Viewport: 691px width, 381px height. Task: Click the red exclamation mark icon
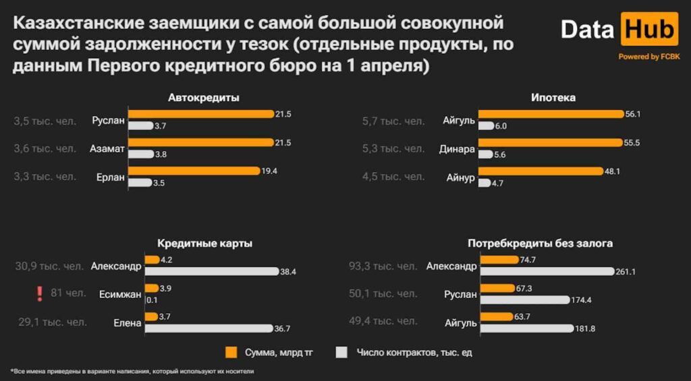pyautogui.click(x=40, y=293)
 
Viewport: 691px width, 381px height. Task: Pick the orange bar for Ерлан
pyautogui.click(x=194, y=171)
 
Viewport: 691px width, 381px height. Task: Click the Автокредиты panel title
pyautogui.click(x=204, y=98)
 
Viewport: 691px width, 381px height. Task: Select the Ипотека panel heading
pyautogui.click(x=553, y=98)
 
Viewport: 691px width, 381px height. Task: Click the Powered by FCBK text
pyautogui.click(x=649, y=57)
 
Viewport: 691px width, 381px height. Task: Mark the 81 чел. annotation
pyautogui.click(x=68, y=293)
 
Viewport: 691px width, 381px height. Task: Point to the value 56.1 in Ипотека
pyautogui.click(x=632, y=114)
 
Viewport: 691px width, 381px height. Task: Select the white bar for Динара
pyautogui.click(x=485, y=154)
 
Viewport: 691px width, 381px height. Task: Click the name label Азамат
pyautogui.click(x=107, y=149)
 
